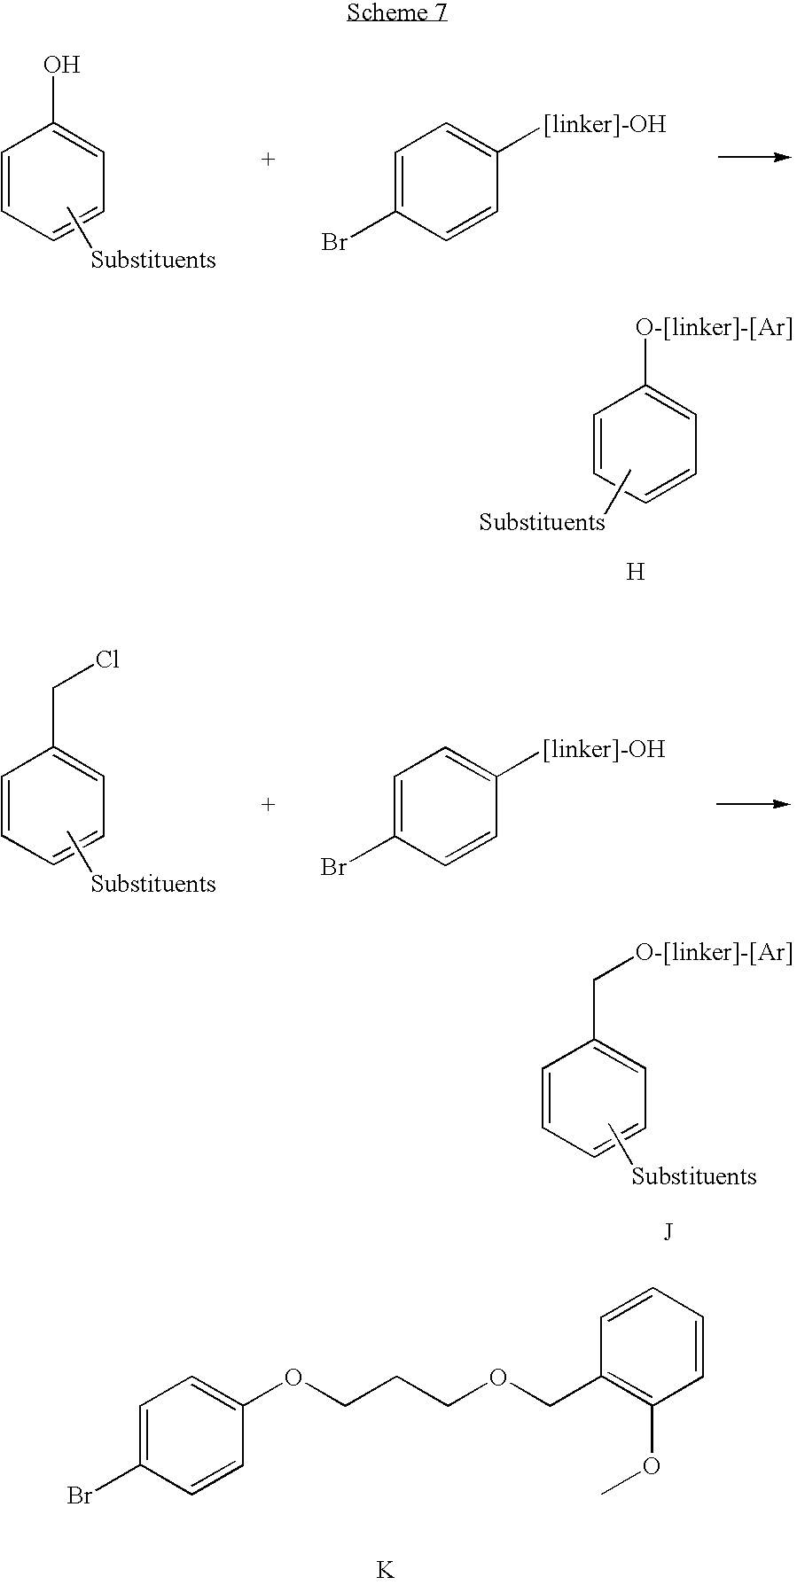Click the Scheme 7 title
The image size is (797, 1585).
pos(396,12)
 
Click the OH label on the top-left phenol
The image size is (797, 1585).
pos(61,65)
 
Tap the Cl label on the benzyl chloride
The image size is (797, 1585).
pos(107,660)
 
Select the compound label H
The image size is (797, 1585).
pos(635,573)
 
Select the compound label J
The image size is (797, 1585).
pos(668,1231)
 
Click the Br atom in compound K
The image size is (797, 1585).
pos(80,1496)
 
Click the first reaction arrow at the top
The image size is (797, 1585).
pos(754,157)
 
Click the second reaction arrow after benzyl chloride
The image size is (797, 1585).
pos(753,804)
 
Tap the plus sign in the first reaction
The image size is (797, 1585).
pos(268,160)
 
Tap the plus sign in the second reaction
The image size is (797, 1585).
pos(268,804)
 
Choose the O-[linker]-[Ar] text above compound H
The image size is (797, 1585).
pos(715,328)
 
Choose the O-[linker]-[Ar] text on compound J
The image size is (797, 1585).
pos(715,952)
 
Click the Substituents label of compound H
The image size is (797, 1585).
pos(542,522)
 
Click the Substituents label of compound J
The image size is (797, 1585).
pos(694,1176)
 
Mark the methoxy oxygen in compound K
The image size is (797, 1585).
pos(652,1466)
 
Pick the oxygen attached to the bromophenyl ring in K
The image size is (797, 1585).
pos(293,1378)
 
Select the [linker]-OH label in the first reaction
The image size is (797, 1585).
pos(604,124)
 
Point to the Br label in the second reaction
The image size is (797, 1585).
pos(333,867)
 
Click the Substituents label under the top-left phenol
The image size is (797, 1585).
pos(153,260)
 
